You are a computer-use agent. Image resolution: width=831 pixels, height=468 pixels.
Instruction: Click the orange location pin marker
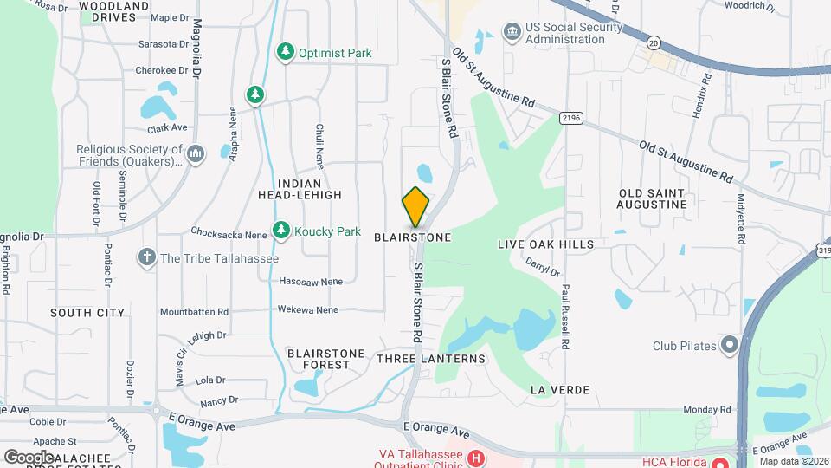415,207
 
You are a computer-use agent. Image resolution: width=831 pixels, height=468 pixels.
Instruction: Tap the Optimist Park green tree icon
285,53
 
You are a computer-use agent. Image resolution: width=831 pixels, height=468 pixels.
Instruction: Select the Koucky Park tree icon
280,231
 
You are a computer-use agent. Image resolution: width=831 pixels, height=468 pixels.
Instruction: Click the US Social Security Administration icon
512,32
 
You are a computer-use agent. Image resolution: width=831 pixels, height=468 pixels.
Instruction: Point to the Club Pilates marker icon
729,346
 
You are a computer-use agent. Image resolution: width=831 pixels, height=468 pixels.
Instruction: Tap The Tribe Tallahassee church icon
146,257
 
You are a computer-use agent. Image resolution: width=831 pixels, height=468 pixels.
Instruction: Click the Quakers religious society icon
195,154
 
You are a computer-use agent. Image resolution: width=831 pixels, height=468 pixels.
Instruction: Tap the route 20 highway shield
653,42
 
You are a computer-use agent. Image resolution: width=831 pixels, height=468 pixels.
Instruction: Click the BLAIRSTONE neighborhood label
413,237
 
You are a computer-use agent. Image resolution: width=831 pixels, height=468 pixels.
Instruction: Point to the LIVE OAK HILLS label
545,244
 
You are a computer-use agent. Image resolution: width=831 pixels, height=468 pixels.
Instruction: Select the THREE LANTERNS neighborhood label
431,358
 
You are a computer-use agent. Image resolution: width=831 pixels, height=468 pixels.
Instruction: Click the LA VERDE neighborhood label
560,390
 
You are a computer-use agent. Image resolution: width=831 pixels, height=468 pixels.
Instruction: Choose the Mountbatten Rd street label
194,311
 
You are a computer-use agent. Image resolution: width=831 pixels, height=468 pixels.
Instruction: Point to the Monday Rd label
707,409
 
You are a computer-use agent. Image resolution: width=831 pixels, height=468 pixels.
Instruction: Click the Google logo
29,456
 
